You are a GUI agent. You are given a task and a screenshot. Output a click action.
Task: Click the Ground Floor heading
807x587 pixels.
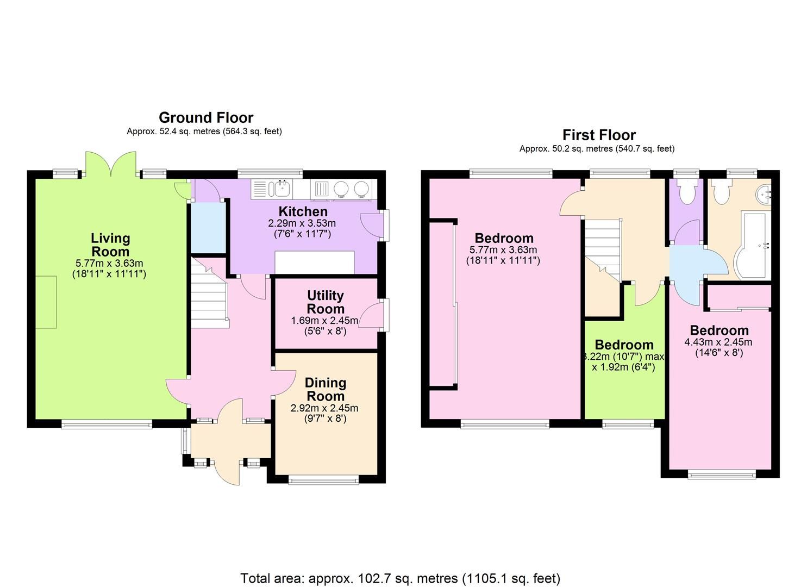coord(205,117)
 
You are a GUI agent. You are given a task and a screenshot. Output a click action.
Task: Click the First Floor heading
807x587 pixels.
coord(598,135)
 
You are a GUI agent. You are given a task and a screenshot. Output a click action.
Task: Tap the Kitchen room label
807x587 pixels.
coord(303,211)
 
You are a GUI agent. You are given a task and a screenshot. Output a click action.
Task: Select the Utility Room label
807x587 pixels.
coord(325,302)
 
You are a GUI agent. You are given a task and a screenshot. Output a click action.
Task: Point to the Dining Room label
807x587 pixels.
coord(325,389)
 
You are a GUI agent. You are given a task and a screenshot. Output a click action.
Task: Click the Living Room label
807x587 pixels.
coord(110,245)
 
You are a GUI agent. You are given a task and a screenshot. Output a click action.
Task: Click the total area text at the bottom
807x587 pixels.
coord(400,578)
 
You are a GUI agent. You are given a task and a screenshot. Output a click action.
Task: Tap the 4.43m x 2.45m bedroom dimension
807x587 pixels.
coord(718,342)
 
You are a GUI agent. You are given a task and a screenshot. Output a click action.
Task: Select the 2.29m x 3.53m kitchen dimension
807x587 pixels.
coord(302,223)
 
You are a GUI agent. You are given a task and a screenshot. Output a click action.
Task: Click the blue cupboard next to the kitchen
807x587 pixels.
coord(207,227)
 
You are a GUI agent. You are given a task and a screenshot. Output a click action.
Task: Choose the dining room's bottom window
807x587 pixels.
coord(324,479)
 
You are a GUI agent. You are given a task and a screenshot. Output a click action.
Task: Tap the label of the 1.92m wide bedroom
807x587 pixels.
coord(623,345)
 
